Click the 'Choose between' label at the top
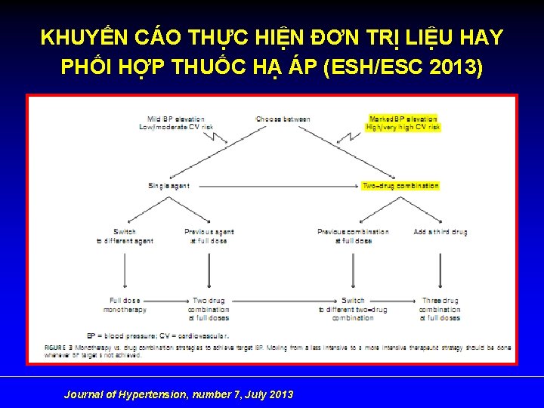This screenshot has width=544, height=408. (x=283, y=119)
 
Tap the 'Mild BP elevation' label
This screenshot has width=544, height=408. (x=175, y=119)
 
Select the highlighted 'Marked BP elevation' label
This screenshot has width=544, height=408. (x=403, y=119)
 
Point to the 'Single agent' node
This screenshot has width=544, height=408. (x=169, y=186)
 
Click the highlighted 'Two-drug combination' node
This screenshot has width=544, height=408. (x=400, y=186)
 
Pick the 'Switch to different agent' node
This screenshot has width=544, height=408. (x=125, y=236)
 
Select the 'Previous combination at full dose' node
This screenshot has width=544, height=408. (x=353, y=236)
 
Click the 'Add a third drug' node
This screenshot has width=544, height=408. (x=440, y=232)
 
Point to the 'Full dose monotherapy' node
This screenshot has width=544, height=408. (x=127, y=305)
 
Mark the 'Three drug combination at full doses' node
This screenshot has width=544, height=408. (x=439, y=309)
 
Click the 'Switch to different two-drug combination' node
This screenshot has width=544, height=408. (x=353, y=309)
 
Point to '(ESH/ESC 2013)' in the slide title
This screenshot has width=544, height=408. (x=403, y=67)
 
